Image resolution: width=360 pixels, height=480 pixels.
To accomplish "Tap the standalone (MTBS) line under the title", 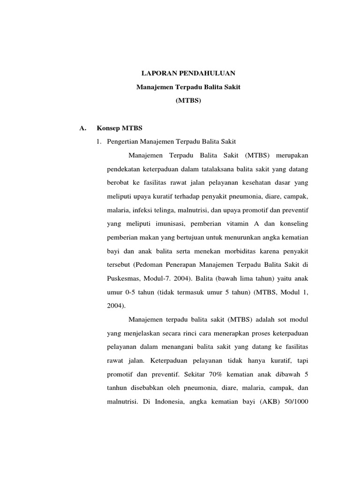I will (188, 100).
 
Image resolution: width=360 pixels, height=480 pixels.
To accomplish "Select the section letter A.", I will (83, 128).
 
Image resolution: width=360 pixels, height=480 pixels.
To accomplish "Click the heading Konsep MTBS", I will (119, 128).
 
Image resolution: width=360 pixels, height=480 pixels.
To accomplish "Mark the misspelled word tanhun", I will (120, 389).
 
